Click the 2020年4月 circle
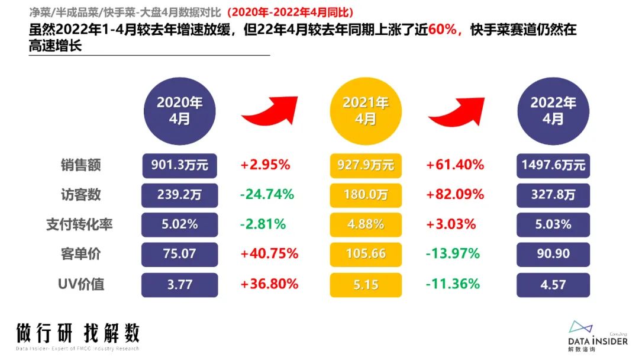pos(180,110)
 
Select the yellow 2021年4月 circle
pos(366,110)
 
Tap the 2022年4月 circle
pos(553,110)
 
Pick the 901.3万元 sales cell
pos(180,165)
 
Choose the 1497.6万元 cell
pos(553,165)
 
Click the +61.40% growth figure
pos(455,165)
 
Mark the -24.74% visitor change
pos(266,195)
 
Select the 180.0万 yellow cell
pos(366,195)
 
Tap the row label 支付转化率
pos(79,225)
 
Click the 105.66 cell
pos(366,255)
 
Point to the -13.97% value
pos(453,255)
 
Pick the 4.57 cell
pos(553,285)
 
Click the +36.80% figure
pos(269,285)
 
